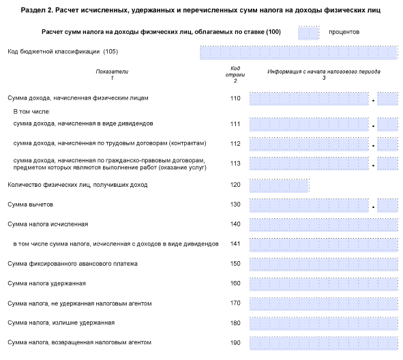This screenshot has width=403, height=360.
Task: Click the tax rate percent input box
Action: click(308, 33)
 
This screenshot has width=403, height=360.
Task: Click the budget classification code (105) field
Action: click(299, 52)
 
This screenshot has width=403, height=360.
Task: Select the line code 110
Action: click(235, 98)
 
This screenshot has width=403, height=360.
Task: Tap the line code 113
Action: click(235, 164)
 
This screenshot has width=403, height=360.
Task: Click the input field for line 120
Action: click(279, 185)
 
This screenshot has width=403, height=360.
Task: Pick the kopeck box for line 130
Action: click(387, 205)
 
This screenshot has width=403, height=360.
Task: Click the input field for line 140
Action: click(324, 225)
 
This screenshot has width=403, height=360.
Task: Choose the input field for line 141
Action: click(324, 245)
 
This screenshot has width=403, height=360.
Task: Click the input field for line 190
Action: click(324, 343)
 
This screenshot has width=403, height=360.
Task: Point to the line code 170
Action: click(235, 303)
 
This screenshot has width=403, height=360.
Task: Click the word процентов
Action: click(344, 32)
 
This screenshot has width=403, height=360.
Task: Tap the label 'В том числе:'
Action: click(31, 112)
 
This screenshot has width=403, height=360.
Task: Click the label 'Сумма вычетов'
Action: click(30, 205)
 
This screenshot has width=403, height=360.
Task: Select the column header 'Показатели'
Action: click(112, 72)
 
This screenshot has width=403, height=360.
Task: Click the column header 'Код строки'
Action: click(235, 72)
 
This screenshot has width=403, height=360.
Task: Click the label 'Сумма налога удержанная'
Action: click(46, 284)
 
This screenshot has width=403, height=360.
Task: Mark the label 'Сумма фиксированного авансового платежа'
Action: click(72, 264)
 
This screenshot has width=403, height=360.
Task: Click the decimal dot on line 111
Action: click(373, 126)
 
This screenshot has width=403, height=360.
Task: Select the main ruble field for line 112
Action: click(309, 144)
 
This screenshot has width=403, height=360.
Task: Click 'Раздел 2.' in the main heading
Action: click(37, 10)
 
